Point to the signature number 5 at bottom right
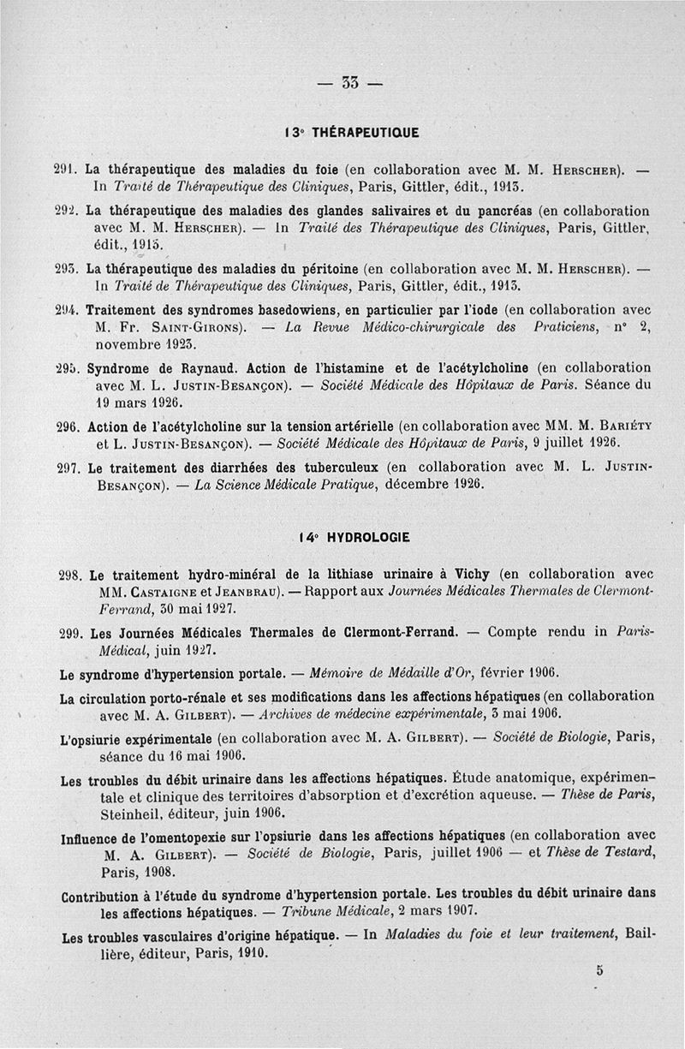click(600, 970)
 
